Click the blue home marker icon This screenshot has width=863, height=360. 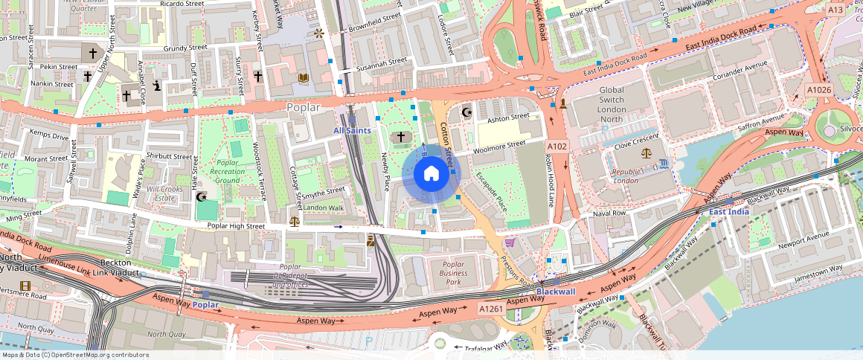click(x=431, y=174)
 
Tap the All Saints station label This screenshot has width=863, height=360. click(x=352, y=131)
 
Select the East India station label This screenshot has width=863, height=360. click(x=728, y=212)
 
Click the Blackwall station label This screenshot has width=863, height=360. click(x=556, y=292)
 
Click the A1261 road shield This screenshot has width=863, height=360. click(x=492, y=309)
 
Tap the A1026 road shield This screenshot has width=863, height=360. click(x=818, y=90)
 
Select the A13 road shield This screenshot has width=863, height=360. click(x=836, y=10)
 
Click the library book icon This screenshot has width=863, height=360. click(x=303, y=77)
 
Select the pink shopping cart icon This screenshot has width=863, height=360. click(x=510, y=242)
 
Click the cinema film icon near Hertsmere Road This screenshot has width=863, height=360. click(x=26, y=286)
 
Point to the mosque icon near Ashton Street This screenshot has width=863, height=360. click(x=467, y=112)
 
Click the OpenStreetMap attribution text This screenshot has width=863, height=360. click(x=74, y=355)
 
